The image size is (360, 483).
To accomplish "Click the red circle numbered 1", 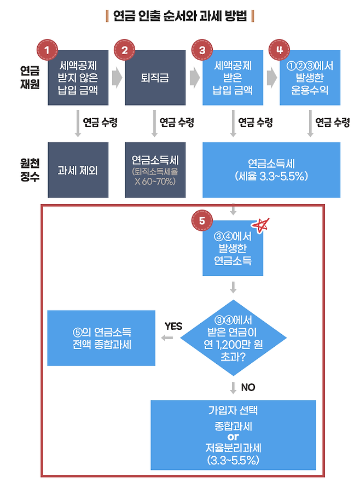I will coord(48,49).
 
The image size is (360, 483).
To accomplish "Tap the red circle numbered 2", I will coord(125,49).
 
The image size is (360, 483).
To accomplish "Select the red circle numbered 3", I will coord(202,49).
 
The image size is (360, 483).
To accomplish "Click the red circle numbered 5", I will coord(202,221).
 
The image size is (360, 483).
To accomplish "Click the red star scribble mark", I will coord(261,225).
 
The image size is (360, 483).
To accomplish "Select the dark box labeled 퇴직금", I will coord(155,78).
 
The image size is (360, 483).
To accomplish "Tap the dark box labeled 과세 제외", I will coord(78,170).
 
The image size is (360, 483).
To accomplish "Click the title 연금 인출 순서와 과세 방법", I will coord(180,16).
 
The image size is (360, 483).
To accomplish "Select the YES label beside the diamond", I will coord(173,327).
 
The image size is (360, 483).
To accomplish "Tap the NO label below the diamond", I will coord(248,387).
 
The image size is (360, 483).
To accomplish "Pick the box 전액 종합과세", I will coord(102,338).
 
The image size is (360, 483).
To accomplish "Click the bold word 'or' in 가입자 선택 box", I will coord(234,437).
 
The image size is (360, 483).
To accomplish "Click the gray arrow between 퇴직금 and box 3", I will coord(194,78).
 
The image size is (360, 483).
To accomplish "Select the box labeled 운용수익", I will coord(310,78).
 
